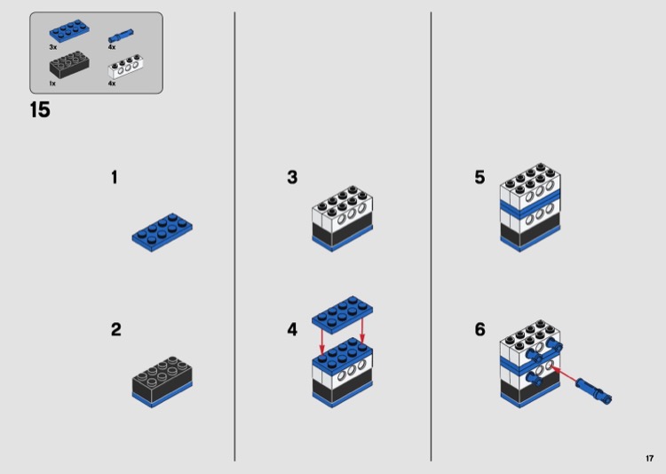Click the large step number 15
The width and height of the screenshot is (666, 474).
tap(40, 109)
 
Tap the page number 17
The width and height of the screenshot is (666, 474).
tap(649, 458)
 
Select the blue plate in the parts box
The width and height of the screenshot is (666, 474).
tap(69, 31)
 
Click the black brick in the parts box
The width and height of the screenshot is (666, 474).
tap(69, 65)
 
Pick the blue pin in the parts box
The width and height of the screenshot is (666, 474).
tap(121, 36)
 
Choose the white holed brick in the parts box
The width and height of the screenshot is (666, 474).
tap(125, 67)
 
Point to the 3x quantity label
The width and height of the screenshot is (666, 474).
tap(53, 47)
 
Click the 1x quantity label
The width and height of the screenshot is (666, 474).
tap(52, 84)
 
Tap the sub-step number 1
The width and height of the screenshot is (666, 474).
tap(115, 178)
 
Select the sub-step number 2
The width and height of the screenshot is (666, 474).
tap(116, 330)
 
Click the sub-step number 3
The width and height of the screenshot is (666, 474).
tap(292, 178)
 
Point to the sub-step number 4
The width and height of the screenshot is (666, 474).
tap(292, 330)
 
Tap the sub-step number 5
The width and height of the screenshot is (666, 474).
tap(480, 178)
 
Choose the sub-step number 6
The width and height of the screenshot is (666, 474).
tap(480, 330)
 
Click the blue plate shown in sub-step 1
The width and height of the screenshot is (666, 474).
tap(162, 232)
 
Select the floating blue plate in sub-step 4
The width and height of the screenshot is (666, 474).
tap(343, 312)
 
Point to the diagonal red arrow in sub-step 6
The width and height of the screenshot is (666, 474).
tap(563, 374)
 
